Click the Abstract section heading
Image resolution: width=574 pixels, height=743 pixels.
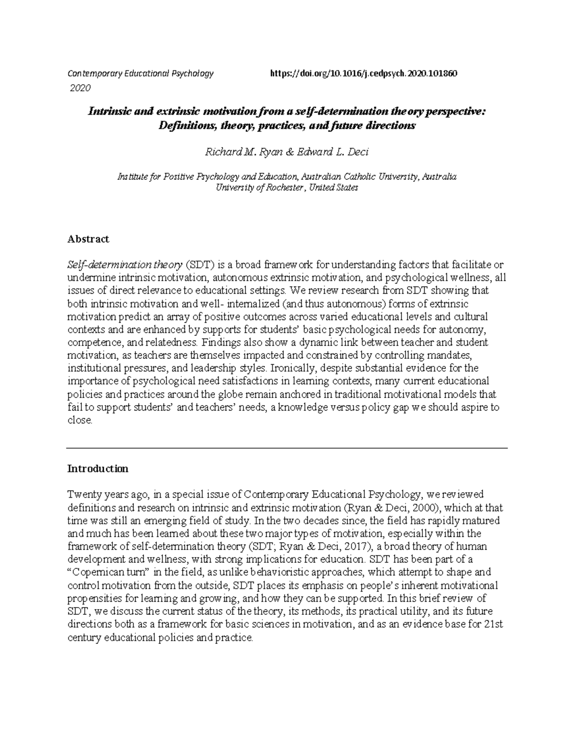[x=88, y=239]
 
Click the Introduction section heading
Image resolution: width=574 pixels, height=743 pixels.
[x=98, y=468]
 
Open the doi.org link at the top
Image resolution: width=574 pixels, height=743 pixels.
[x=364, y=74]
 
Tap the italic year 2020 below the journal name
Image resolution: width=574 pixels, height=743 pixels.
[x=80, y=88]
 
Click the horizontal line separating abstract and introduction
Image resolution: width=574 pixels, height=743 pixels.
[x=287, y=448]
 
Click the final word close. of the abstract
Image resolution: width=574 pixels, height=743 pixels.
[x=79, y=421]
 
